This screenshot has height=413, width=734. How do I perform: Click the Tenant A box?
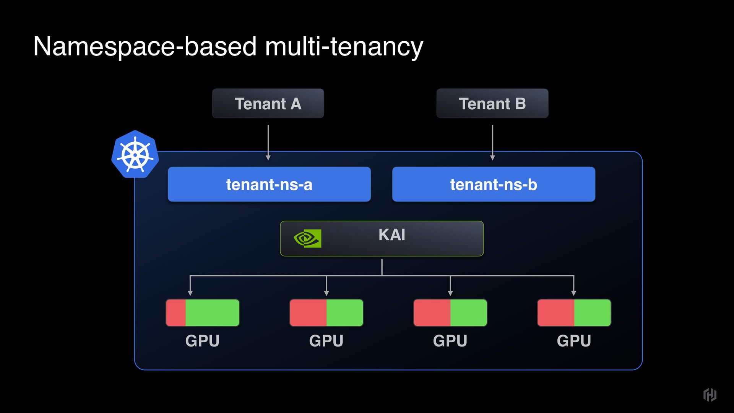click(268, 104)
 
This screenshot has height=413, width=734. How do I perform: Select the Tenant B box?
click(492, 104)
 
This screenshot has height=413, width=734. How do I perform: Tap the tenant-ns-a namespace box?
click(269, 184)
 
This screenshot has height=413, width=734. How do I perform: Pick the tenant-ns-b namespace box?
click(494, 184)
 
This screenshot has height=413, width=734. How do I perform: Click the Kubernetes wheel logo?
click(135, 154)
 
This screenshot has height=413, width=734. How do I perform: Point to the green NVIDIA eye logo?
click(307, 239)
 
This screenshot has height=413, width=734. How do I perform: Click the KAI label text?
click(392, 235)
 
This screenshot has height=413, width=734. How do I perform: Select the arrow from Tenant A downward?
click(268, 142)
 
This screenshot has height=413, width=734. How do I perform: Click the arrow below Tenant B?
click(492, 142)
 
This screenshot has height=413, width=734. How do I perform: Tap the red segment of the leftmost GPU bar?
click(176, 313)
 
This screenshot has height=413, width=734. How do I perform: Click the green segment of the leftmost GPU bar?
click(212, 313)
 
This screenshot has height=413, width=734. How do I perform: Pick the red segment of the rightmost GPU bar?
click(556, 313)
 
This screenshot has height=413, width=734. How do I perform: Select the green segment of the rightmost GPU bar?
click(592, 313)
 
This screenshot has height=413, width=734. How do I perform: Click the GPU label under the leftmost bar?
click(202, 341)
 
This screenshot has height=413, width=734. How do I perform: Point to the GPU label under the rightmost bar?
click(574, 341)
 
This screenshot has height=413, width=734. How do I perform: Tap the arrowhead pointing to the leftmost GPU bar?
click(190, 293)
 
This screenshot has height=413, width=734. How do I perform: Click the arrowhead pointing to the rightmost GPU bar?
click(573, 293)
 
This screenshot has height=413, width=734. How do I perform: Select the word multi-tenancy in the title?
click(344, 47)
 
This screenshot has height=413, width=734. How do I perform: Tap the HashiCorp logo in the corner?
click(710, 394)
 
